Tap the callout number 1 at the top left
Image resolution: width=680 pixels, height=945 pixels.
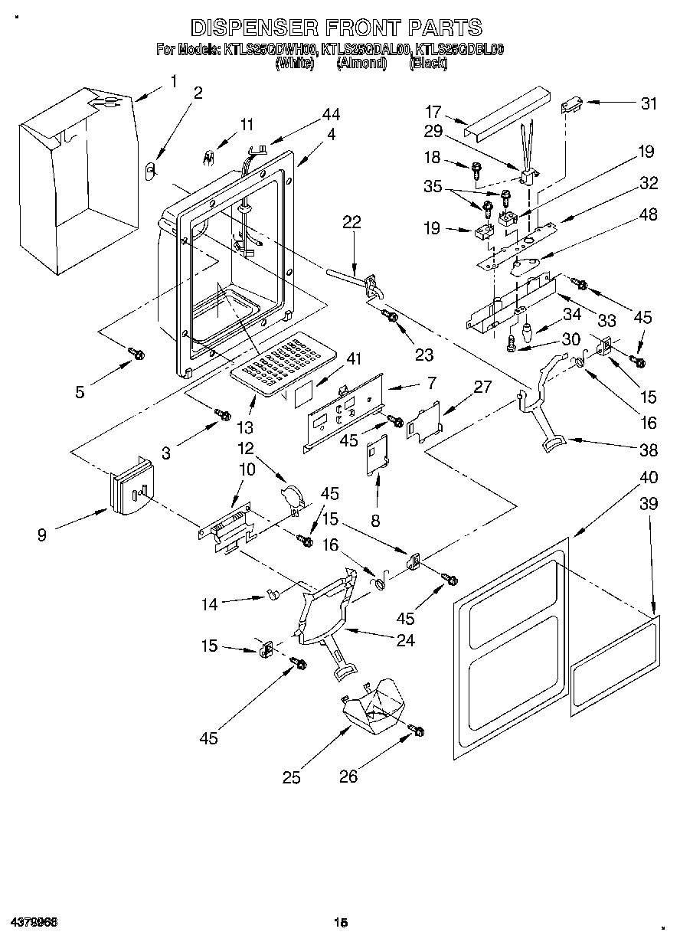(173, 81)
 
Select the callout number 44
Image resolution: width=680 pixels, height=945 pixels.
(331, 114)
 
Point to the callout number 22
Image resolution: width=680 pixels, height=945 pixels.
(351, 223)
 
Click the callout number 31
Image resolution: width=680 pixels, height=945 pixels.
(649, 103)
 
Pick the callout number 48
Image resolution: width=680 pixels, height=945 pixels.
(648, 215)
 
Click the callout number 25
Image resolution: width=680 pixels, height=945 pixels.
(291, 778)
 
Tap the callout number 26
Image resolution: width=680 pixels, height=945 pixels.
(348, 777)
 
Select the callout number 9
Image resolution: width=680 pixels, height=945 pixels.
(41, 535)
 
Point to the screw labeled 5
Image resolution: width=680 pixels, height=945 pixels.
(136, 353)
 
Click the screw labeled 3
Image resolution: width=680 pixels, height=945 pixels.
(223, 414)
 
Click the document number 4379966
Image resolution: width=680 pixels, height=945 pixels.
(34, 921)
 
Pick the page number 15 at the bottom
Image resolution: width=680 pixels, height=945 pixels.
(341, 923)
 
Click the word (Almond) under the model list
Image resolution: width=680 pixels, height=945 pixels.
(361, 64)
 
